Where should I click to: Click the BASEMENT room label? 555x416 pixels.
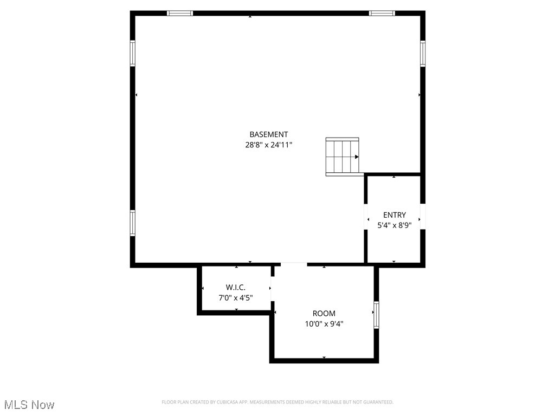268,134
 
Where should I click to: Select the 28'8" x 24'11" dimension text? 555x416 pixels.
268,145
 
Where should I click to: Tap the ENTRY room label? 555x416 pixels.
394,215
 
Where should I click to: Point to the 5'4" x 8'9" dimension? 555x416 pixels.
394,225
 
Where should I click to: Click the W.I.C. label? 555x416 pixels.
236,287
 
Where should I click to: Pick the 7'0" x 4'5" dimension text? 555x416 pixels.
236,297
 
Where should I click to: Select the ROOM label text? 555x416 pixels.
324,313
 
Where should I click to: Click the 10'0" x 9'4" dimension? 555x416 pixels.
324,324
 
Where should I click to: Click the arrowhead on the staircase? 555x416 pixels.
357,157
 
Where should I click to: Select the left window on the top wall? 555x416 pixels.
180,13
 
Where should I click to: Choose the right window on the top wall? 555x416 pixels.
382,13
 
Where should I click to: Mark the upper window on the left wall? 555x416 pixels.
132,53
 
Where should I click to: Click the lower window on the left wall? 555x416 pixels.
132,223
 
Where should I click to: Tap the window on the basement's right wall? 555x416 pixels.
423,53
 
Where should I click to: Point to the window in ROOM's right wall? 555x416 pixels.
376,315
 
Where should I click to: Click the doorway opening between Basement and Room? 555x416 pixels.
294,264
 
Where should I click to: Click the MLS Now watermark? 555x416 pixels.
29,405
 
